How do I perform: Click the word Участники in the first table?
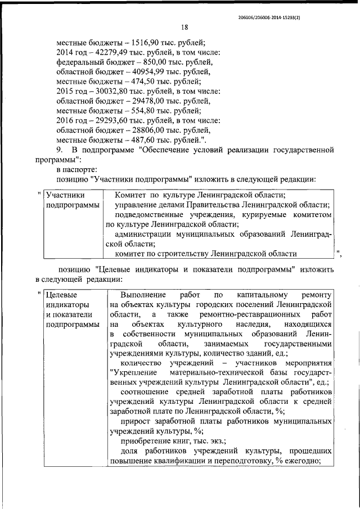[x=66, y=195]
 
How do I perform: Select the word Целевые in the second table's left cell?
[x=62, y=295]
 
